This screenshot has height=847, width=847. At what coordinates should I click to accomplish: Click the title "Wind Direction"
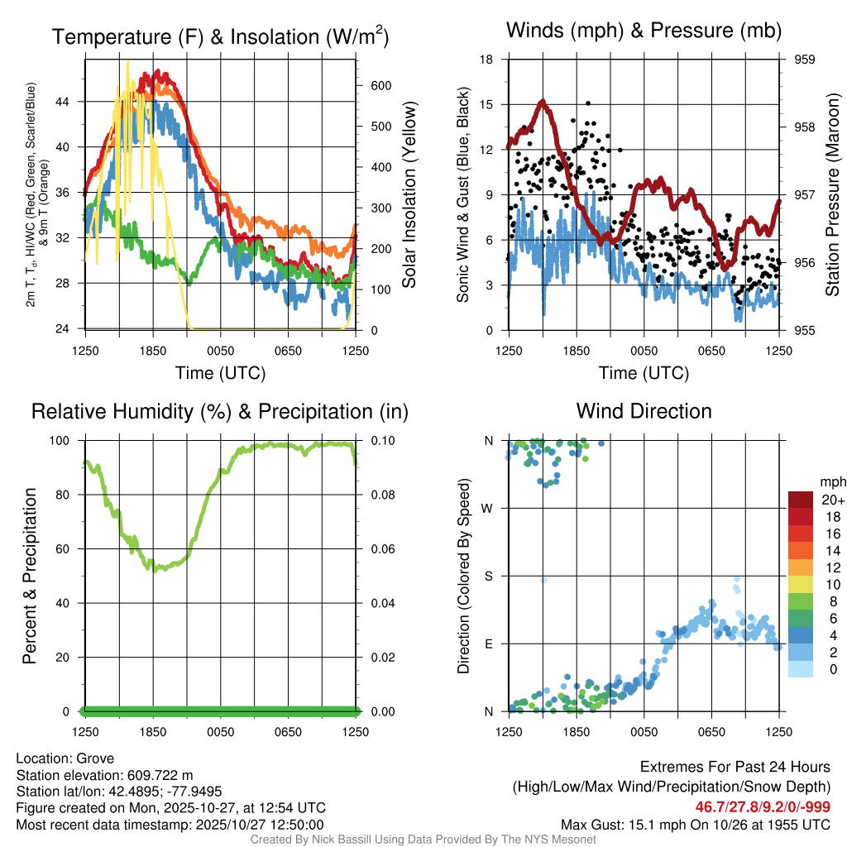644,411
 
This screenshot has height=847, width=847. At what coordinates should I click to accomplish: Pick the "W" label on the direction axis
488,508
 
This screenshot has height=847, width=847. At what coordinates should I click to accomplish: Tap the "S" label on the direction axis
488,576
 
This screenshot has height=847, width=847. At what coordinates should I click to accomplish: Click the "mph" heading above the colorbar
832,482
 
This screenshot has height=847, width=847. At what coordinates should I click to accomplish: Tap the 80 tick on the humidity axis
69,495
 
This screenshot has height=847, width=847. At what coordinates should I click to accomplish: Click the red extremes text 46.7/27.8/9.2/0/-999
763,806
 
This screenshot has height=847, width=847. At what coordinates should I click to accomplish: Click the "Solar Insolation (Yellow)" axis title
409,195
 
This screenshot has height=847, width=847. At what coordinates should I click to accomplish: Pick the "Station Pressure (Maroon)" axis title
833,195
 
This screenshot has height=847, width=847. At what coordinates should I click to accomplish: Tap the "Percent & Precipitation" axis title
30,576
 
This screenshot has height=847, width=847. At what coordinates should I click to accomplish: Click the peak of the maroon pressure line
543,102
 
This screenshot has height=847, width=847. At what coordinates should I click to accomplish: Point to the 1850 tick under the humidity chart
153,732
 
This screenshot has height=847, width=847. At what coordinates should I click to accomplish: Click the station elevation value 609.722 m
160,775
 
